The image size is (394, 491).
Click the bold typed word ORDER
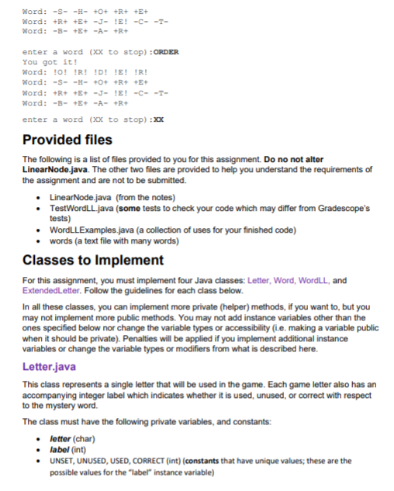coord(167,52)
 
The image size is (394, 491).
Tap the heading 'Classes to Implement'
coord(92,259)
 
